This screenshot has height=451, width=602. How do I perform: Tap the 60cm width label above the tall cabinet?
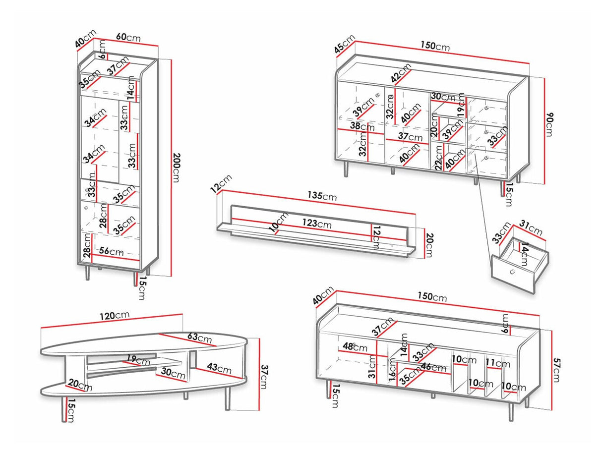pyautogui.click(x=128, y=38)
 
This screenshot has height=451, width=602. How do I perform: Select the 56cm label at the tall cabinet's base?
pyautogui.click(x=112, y=251)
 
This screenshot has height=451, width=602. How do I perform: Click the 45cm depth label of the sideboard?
pyautogui.click(x=345, y=45)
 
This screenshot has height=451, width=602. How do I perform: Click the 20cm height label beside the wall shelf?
pyautogui.click(x=429, y=244)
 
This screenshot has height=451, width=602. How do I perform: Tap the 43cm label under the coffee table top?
pyautogui.click(x=218, y=369)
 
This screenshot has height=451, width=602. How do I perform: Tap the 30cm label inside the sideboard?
pyautogui.click(x=442, y=97)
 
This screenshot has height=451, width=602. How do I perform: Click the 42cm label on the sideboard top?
pyautogui.click(x=401, y=73)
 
